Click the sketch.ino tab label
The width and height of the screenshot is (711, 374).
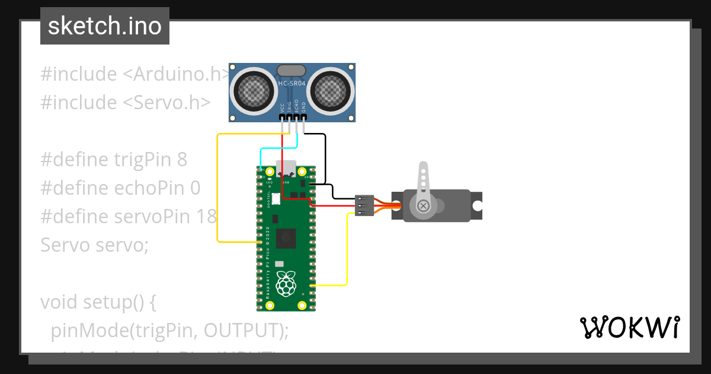click(x=105, y=26)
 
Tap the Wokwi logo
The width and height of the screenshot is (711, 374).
click(x=629, y=327)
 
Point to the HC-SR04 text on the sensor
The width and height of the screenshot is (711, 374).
click(x=292, y=84)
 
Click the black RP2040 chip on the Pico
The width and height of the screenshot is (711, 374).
click(x=287, y=238)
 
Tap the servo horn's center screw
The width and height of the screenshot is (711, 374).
click(x=423, y=205)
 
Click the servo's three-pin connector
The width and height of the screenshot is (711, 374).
click(x=363, y=205)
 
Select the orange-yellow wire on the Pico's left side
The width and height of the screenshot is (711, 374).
click(x=218, y=190)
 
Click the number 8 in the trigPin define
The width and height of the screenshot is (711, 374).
click(x=182, y=160)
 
